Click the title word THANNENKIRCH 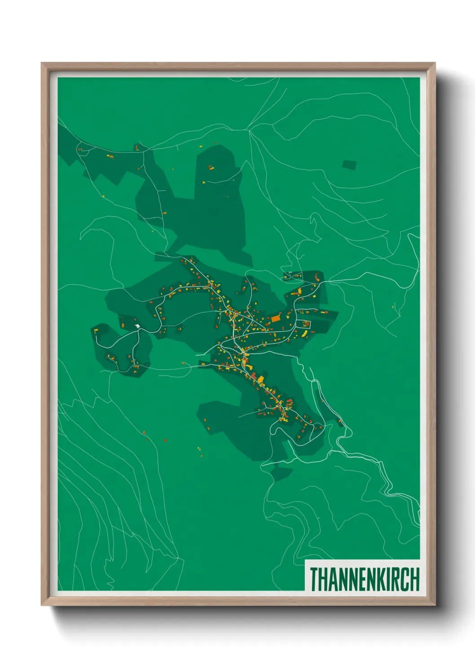tap(364, 579)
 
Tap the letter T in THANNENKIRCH tap(314, 579)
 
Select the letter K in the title tap(381, 579)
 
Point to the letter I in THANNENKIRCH tap(389, 579)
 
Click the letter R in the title tap(397, 579)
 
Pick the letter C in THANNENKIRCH tap(406, 579)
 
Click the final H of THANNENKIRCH tap(415, 579)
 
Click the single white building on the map tap(137, 326)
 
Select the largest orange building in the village tap(275, 319)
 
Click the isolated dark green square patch tap(349, 165)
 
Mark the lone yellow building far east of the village tap(393, 306)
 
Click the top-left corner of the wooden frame tap(42, 64)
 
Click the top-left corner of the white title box tap(305, 560)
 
